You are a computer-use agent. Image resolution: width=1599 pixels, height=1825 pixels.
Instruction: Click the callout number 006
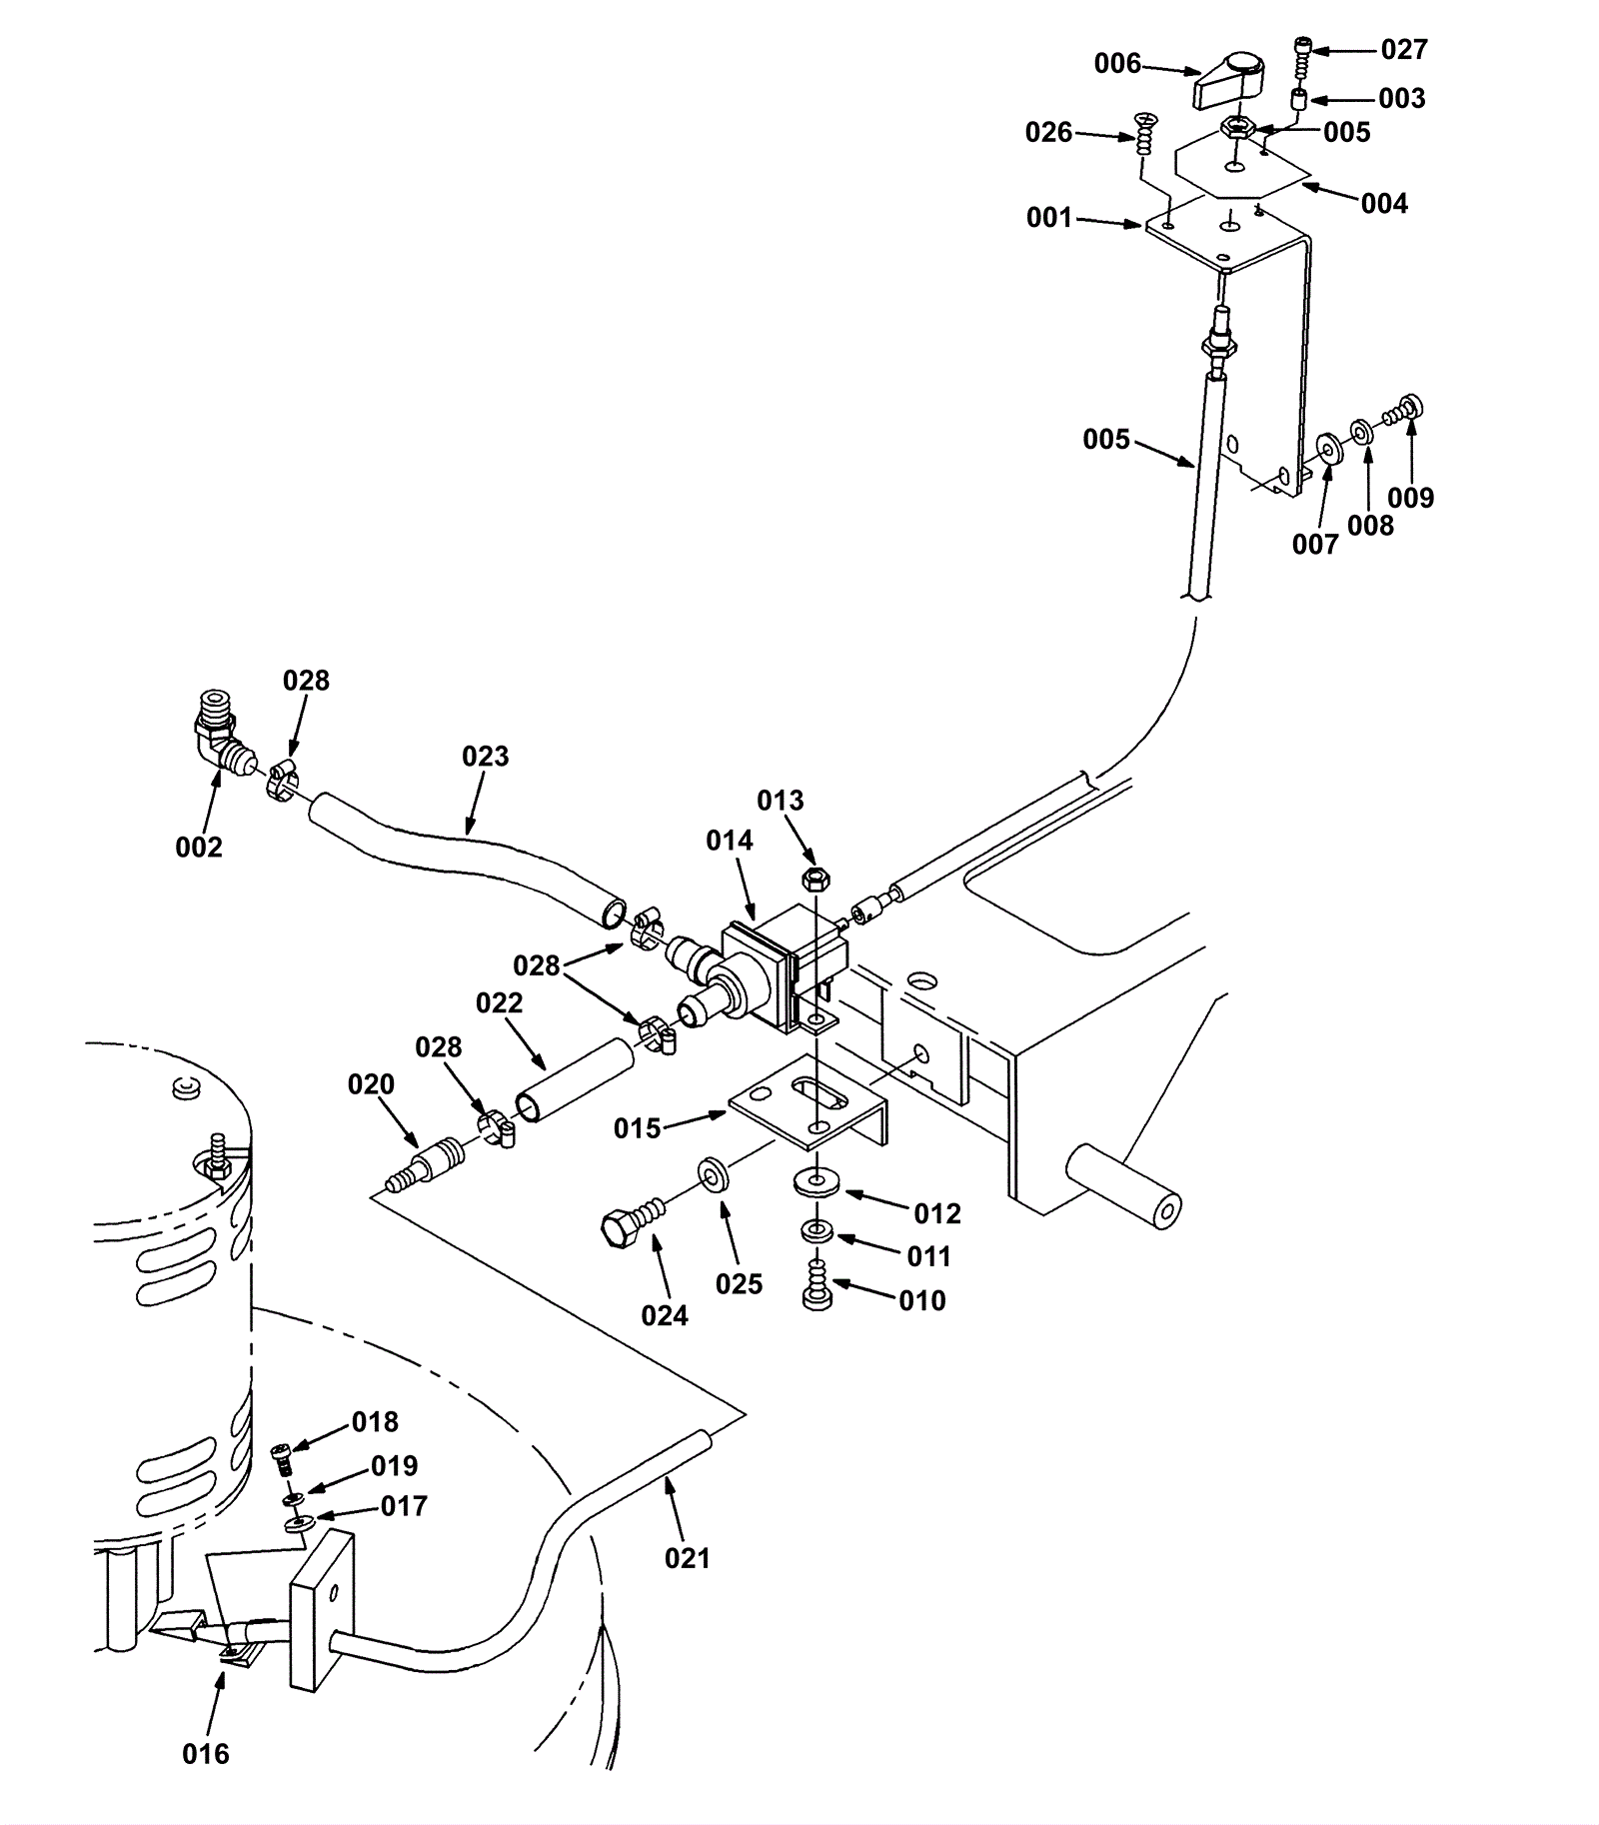[x=1117, y=64]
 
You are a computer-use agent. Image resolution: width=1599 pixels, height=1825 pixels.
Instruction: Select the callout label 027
[x=1404, y=49]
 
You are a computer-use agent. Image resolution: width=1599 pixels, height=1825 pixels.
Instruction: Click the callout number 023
[x=485, y=757]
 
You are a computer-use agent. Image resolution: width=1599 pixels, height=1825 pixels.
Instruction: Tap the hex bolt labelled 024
[x=625, y=1225]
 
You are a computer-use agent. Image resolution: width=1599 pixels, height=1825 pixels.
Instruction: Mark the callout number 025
[x=739, y=1284]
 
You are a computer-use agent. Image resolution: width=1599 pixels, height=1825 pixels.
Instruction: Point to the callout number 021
[x=688, y=1558]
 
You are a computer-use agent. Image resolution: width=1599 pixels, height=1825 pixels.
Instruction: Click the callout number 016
[x=206, y=1754]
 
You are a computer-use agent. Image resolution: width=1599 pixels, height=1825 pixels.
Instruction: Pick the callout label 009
[x=1410, y=498]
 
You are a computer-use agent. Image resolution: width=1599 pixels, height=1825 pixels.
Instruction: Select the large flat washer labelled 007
[x=1328, y=448]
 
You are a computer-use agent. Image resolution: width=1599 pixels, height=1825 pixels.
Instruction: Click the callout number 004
[x=1384, y=204]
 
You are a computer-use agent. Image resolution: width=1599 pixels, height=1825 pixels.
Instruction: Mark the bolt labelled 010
[x=817, y=1286]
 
